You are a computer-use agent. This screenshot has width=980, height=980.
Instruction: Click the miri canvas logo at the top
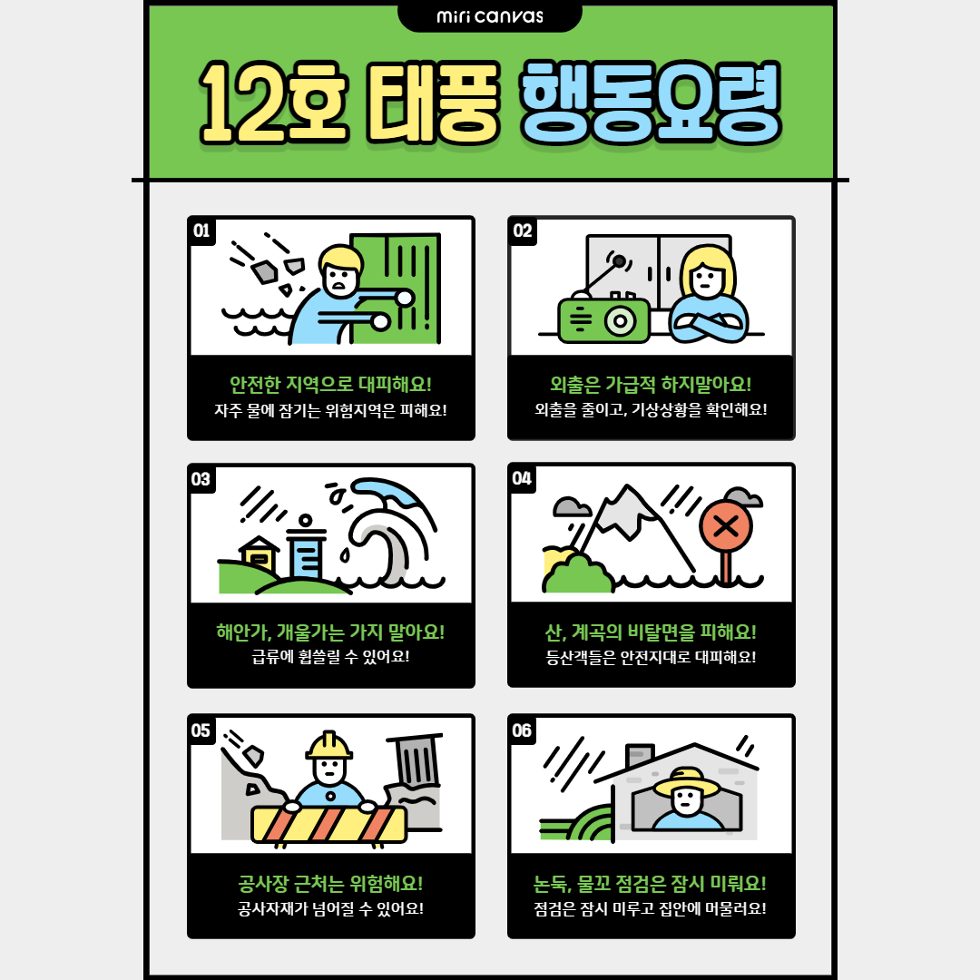(x=489, y=16)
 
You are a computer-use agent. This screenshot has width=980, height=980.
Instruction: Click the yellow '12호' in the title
(x=273, y=103)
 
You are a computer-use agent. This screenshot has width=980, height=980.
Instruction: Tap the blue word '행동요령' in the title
(x=651, y=103)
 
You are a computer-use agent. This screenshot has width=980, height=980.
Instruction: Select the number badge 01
(x=201, y=230)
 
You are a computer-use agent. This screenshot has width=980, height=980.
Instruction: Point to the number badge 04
(x=522, y=478)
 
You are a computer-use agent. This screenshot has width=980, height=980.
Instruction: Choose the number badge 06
(x=522, y=730)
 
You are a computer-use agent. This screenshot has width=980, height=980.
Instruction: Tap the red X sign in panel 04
(x=726, y=525)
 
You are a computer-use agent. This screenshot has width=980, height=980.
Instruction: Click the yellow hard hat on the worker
(x=328, y=745)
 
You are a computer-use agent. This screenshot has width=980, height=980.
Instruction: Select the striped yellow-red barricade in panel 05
(x=328, y=824)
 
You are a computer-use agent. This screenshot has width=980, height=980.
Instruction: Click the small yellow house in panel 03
(x=260, y=554)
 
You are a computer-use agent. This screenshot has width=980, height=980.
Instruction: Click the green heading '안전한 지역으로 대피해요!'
(x=330, y=385)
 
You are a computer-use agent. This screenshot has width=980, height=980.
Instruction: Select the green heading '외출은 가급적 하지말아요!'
(x=651, y=385)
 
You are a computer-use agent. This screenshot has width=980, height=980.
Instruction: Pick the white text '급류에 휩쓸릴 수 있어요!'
(x=330, y=657)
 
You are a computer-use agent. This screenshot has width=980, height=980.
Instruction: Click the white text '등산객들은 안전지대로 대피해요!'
(x=651, y=657)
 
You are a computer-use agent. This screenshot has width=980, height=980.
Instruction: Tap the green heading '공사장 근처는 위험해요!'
(x=330, y=884)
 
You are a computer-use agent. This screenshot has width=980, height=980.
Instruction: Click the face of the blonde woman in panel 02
(x=707, y=279)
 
